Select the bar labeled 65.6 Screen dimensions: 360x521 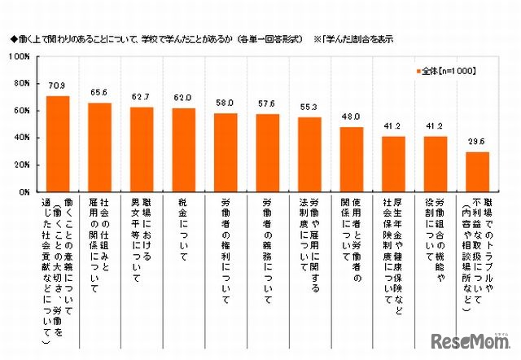99,147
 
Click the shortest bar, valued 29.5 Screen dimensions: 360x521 476,171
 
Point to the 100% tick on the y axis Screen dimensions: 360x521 20,57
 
